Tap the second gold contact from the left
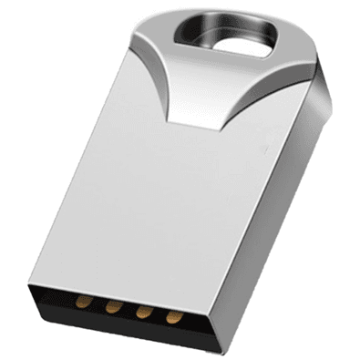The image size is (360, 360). (x=113, y=307)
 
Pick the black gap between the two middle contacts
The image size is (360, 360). (x=128, y=309)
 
